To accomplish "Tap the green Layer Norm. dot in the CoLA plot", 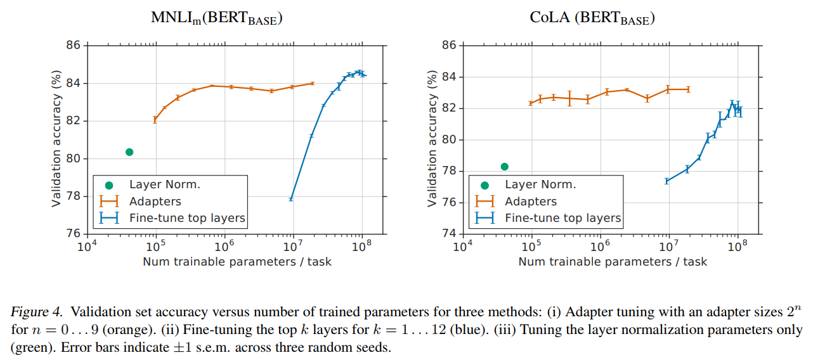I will (x=505, y=167).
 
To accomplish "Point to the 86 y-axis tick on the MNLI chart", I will (x=73, y=46).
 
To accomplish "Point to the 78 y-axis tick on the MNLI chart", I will (x=73, y=196).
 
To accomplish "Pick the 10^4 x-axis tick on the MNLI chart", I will (x=86, y=246).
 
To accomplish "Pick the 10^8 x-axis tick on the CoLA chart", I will (x=738, y=246).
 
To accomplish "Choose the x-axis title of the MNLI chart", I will (x=237, y=261).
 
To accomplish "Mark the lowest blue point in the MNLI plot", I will (x=291, y=199).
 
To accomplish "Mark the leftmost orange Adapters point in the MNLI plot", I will (x=155, y=120).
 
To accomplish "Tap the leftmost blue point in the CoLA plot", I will (x=667, y=181).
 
